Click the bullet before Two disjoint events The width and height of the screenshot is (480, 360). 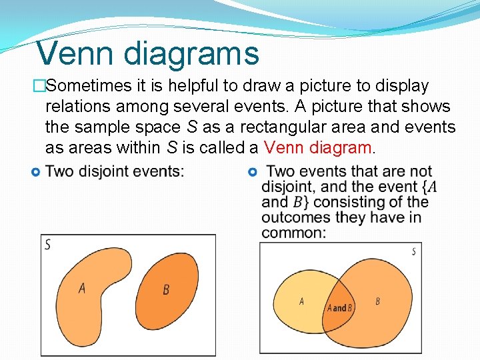tap(36, 172)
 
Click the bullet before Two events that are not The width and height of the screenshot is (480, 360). tap(252, 172)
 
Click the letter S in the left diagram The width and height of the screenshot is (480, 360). tap(47, 245)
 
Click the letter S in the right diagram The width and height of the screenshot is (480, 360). tap(414, 251)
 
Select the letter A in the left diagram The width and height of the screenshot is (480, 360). tap(81, 288)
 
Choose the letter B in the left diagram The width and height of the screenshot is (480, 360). tap(166, 289)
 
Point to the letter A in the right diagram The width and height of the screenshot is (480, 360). tap(301, 301)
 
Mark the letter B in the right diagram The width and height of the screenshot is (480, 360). tap(378, 301)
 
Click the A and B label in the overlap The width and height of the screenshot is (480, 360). tap(339, 308)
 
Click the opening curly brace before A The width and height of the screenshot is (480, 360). tap(425, 187)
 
